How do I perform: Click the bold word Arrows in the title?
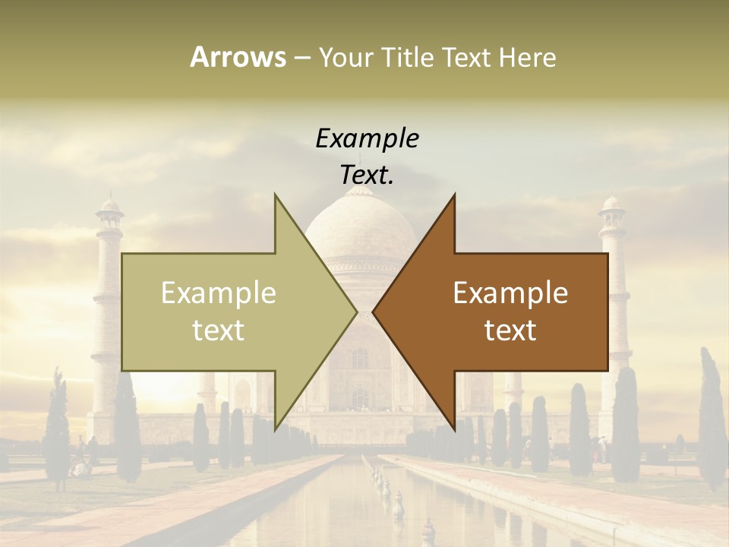coord(237,57)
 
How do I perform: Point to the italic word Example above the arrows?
coord(367,138)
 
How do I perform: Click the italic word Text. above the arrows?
coord(367,175)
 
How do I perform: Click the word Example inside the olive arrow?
coord(219,293)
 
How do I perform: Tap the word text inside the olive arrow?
coord(219,330)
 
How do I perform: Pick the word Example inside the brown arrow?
coord(510,293)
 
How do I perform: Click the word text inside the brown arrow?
coord(510,330)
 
